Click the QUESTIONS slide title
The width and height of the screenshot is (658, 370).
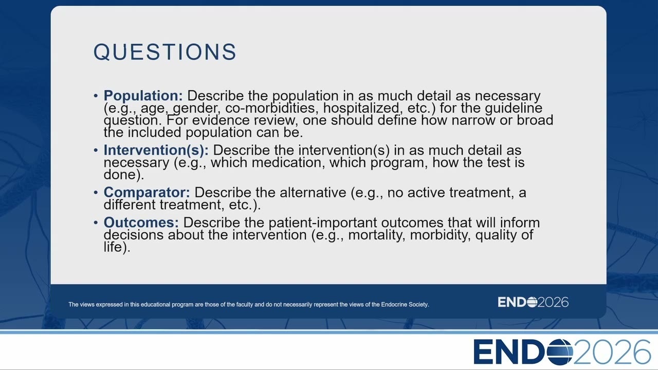165,52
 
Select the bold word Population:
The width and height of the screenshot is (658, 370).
143,96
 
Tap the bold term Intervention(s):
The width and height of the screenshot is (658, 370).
156,150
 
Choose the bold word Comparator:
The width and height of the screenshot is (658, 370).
147,193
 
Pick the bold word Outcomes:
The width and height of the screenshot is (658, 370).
141,223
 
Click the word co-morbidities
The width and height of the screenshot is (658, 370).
272,108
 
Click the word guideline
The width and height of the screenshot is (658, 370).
514,108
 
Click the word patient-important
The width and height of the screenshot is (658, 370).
322,223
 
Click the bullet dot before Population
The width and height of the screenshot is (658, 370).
96,96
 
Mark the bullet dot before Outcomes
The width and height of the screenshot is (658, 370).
96,223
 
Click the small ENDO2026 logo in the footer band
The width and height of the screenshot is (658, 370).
533,302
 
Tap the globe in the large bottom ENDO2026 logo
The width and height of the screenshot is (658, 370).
560,352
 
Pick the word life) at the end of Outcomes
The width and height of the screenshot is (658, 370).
117,247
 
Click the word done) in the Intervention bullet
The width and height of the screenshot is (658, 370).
124,175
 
